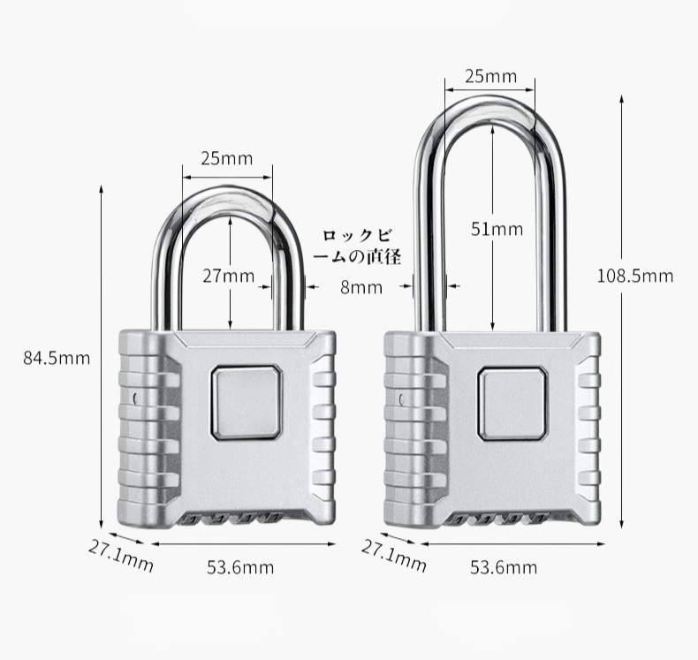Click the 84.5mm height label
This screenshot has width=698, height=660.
tap(57, 358)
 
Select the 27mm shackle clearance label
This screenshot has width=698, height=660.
tap(228, 276)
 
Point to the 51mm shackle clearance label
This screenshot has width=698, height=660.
tap(496, 230)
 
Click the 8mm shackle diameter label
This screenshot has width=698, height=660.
tap(360, 286)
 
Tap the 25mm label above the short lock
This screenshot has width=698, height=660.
tap(226, 159)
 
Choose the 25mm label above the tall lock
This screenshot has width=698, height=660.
tap(490, 77)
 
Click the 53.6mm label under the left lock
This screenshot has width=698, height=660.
tap(240, 567)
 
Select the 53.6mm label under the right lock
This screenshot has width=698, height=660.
tap(503, 567)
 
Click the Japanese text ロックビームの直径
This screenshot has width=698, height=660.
tap(361, 247)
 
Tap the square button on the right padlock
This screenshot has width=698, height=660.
tap(512, 403)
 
